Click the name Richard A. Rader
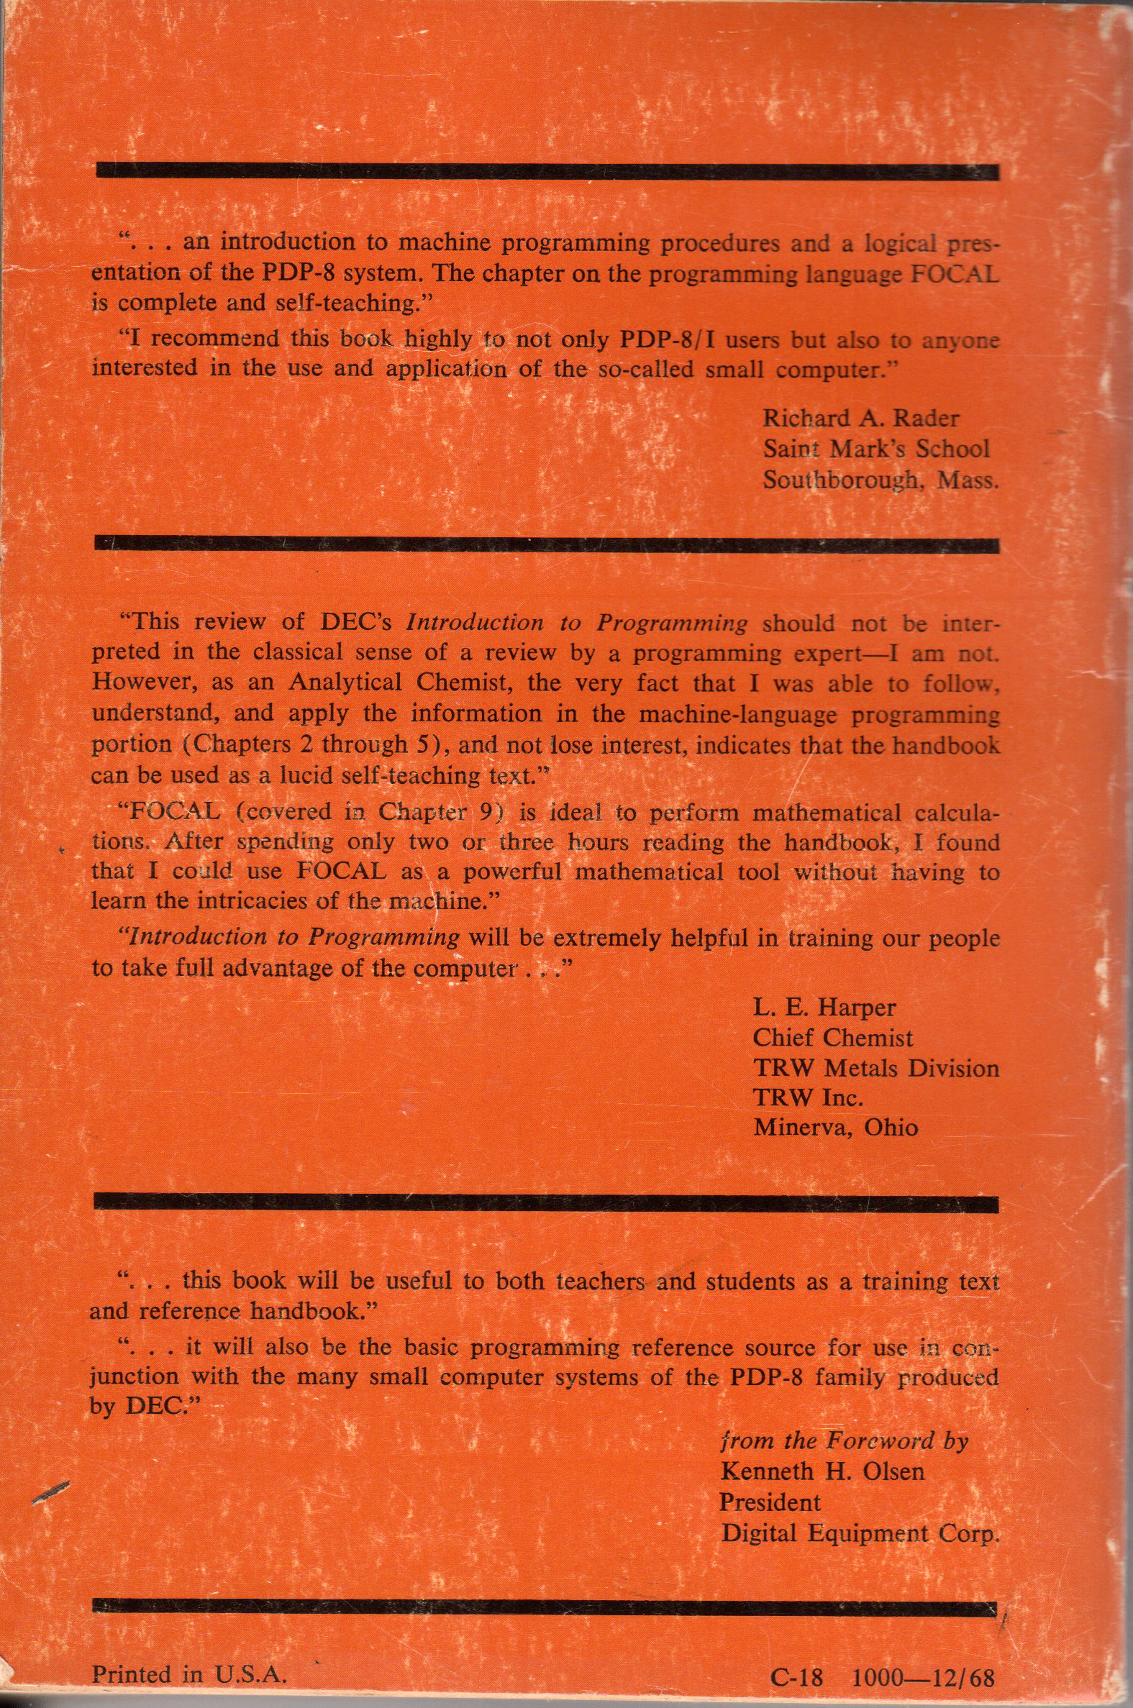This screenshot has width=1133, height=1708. (x=861, y=417)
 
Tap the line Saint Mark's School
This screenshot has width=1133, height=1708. (x=875, y=449)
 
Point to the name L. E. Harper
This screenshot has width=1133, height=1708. (x=824, y=1008)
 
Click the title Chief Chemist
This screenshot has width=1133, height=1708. (x=832, y=1038)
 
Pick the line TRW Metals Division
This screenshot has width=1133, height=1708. (x=875, y=1068)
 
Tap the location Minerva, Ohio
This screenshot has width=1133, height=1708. (x=835, y=1128)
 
